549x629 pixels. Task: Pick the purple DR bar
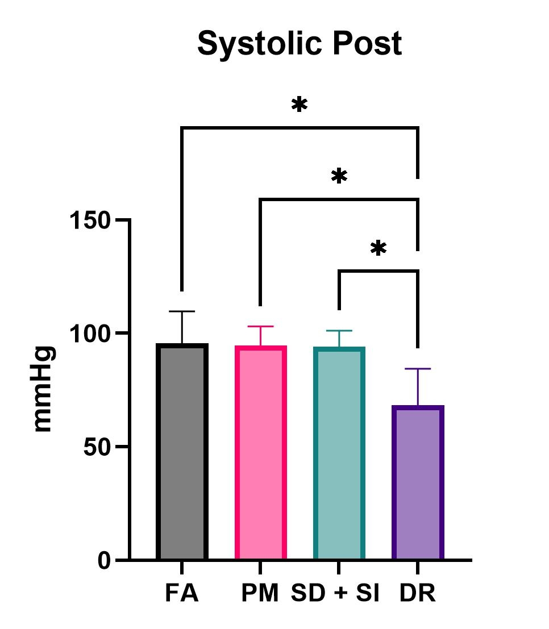[x=418, y=483]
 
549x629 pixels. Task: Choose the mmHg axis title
[x=44, y=389]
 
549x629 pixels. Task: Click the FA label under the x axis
[x=182, y=594]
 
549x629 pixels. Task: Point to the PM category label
[x=260, y=594]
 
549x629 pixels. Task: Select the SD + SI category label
[x=335, y=594]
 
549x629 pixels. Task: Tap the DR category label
[x=418, y=594]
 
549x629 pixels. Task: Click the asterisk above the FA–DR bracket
[x=300, y=106]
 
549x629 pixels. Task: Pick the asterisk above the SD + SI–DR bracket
[x=379, y=249]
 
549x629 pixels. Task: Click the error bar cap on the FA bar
[x=182, y=311]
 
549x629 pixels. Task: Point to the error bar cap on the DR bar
[x=418, y=369]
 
